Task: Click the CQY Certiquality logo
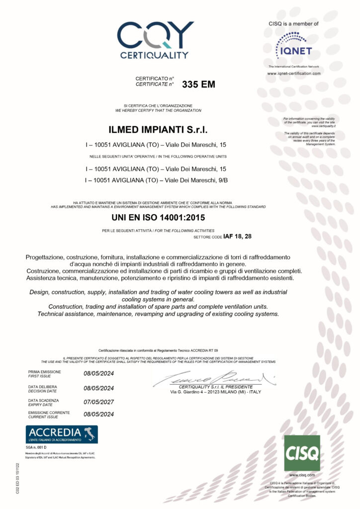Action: pos(155,39)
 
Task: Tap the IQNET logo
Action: pos(293,45)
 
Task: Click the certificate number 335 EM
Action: pos(199,85)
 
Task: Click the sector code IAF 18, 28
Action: pos(238,236)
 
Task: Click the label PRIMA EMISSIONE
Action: pos(44,372)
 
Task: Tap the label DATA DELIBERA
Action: pos(43,386)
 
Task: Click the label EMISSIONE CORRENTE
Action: pos(49,413)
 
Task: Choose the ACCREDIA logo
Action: pos(62,434)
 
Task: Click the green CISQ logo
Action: pos(302,453)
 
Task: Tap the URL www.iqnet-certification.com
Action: pos(294,73)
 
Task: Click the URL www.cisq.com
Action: pos(302,475)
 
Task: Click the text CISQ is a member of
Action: pos(293,23)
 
